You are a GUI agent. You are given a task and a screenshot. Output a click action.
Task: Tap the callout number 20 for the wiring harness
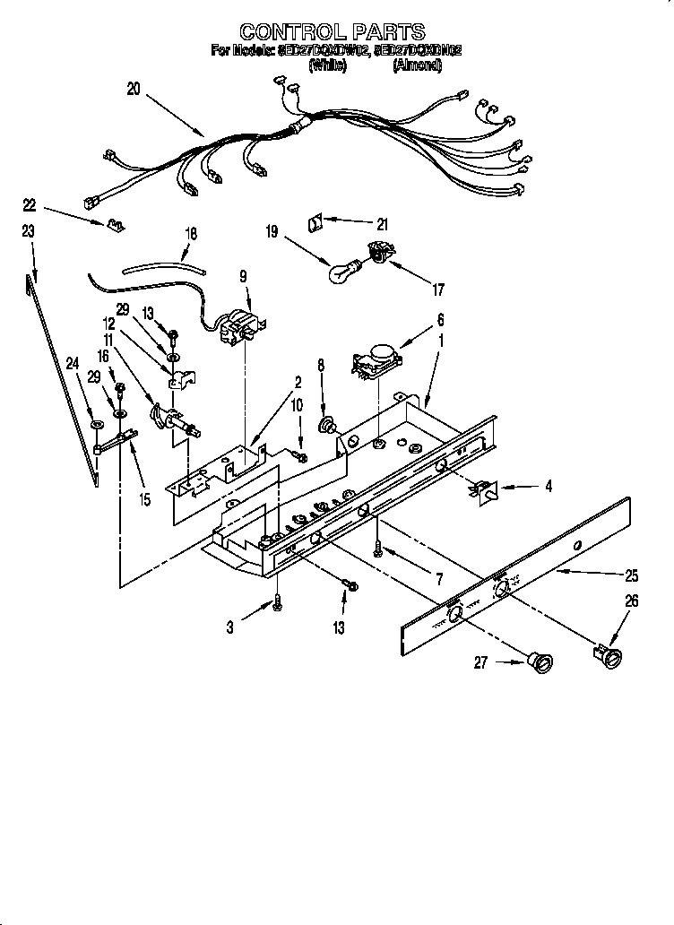click(134, 89)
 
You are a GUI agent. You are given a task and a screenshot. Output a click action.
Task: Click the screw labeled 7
click(380, 548)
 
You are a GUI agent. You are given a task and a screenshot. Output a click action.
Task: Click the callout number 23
click(28, 230)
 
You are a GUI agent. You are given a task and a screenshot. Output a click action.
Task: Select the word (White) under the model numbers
click(327, 65)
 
